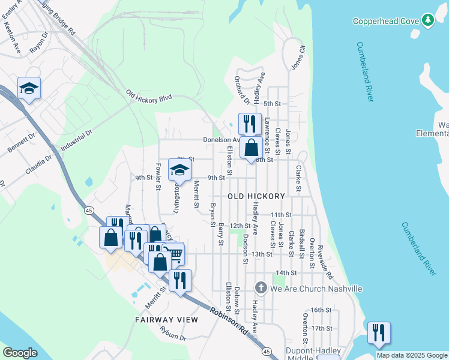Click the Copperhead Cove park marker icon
[x=427, y=20]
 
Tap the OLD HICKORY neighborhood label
[x=256, y=196]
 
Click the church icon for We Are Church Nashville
[x=260, y=289]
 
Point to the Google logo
[x=20, y=352]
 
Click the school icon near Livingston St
[x=179, y=170]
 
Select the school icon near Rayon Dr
[x=29, y=89]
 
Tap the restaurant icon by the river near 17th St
[x=379, y=333]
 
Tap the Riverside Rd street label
[x=325, y=262]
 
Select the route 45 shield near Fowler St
[x=89, y=210]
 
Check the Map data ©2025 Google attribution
[x=411, y=355]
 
